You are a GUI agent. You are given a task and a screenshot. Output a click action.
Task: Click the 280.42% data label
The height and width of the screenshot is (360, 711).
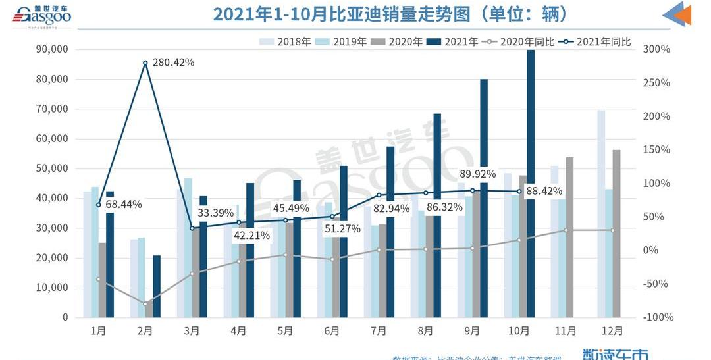coord(173,63)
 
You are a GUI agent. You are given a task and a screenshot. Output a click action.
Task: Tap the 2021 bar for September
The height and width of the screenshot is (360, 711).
coord(484,197)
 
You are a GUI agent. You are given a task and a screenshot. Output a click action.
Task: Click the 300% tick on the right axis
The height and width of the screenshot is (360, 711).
coord(656,49)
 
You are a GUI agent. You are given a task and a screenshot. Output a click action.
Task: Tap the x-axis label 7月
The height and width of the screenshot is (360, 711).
coord(379,331)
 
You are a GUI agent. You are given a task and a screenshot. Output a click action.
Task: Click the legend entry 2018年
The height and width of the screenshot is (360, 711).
coord(286,42)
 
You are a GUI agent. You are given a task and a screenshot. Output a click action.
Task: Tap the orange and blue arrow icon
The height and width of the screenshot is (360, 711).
coord(676,14)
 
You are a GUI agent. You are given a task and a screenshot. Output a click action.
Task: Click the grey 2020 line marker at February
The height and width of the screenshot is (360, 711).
coord(145,303)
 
